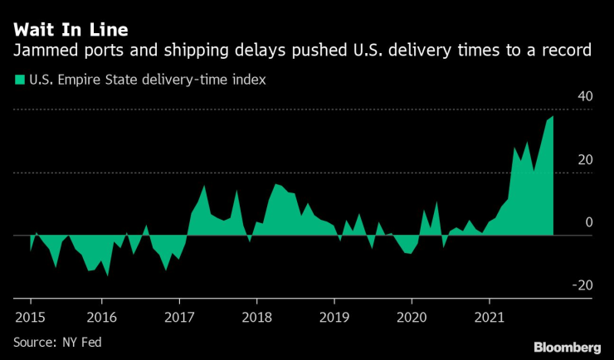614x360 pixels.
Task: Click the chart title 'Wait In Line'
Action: pos(71,30)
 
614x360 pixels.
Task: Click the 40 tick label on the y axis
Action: pos(584,96)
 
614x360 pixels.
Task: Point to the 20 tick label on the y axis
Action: pos(584,159)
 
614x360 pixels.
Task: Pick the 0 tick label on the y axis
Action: pos(588,222)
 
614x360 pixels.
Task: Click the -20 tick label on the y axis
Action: pos(582,285)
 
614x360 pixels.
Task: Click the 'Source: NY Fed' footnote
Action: pos(56,341)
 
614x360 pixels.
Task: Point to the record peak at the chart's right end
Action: pos(553,117)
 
